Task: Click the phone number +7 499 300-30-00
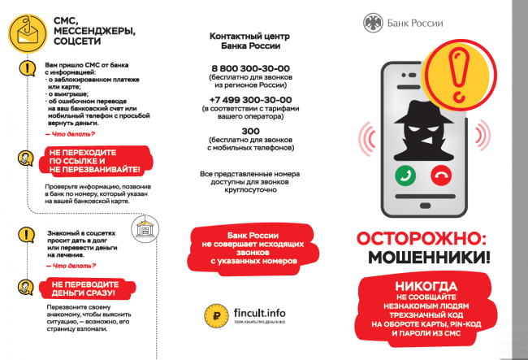[250, 100]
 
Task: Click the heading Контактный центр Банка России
[250, 41]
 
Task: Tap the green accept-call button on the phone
[405, 174]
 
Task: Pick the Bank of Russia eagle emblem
[373, 22]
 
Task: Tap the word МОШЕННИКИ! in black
[430, 258]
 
